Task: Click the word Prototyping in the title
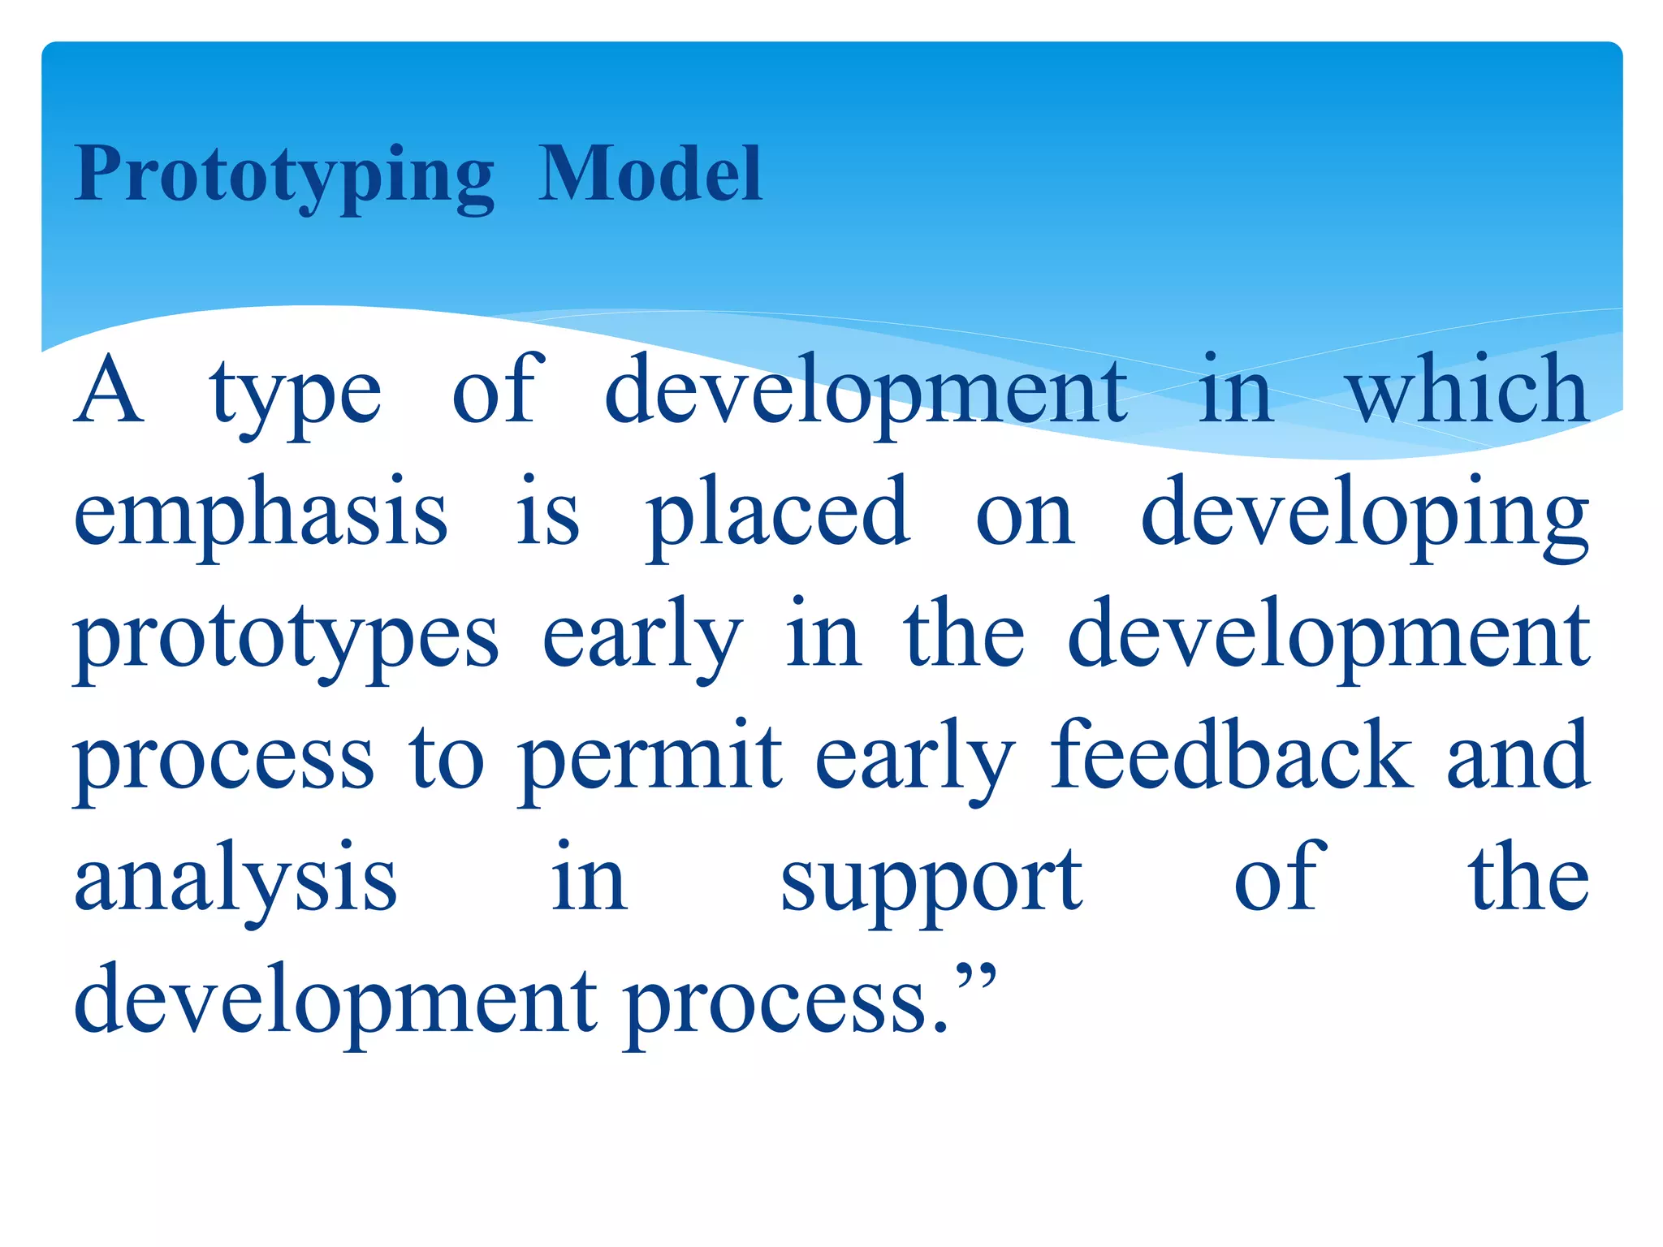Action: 284,175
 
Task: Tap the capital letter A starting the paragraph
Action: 109,391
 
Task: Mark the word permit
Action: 650,760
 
